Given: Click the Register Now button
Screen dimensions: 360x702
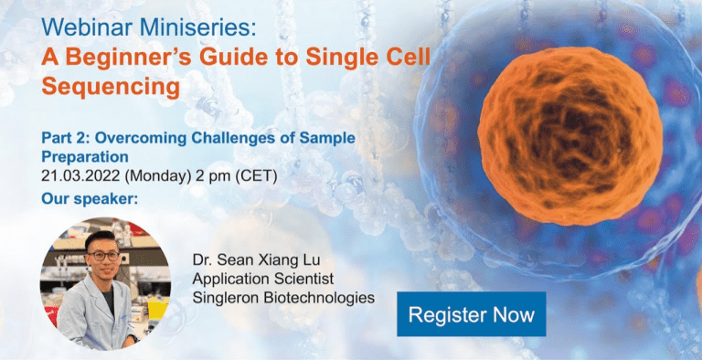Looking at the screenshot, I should click(x=471, y=315).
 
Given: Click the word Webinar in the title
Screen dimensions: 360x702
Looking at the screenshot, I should click(x=82, y=28).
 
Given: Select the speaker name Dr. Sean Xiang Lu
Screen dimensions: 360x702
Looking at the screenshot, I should click(x=262, y=259).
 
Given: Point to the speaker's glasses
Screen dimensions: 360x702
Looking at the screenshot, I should click(x=104, y=255).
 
